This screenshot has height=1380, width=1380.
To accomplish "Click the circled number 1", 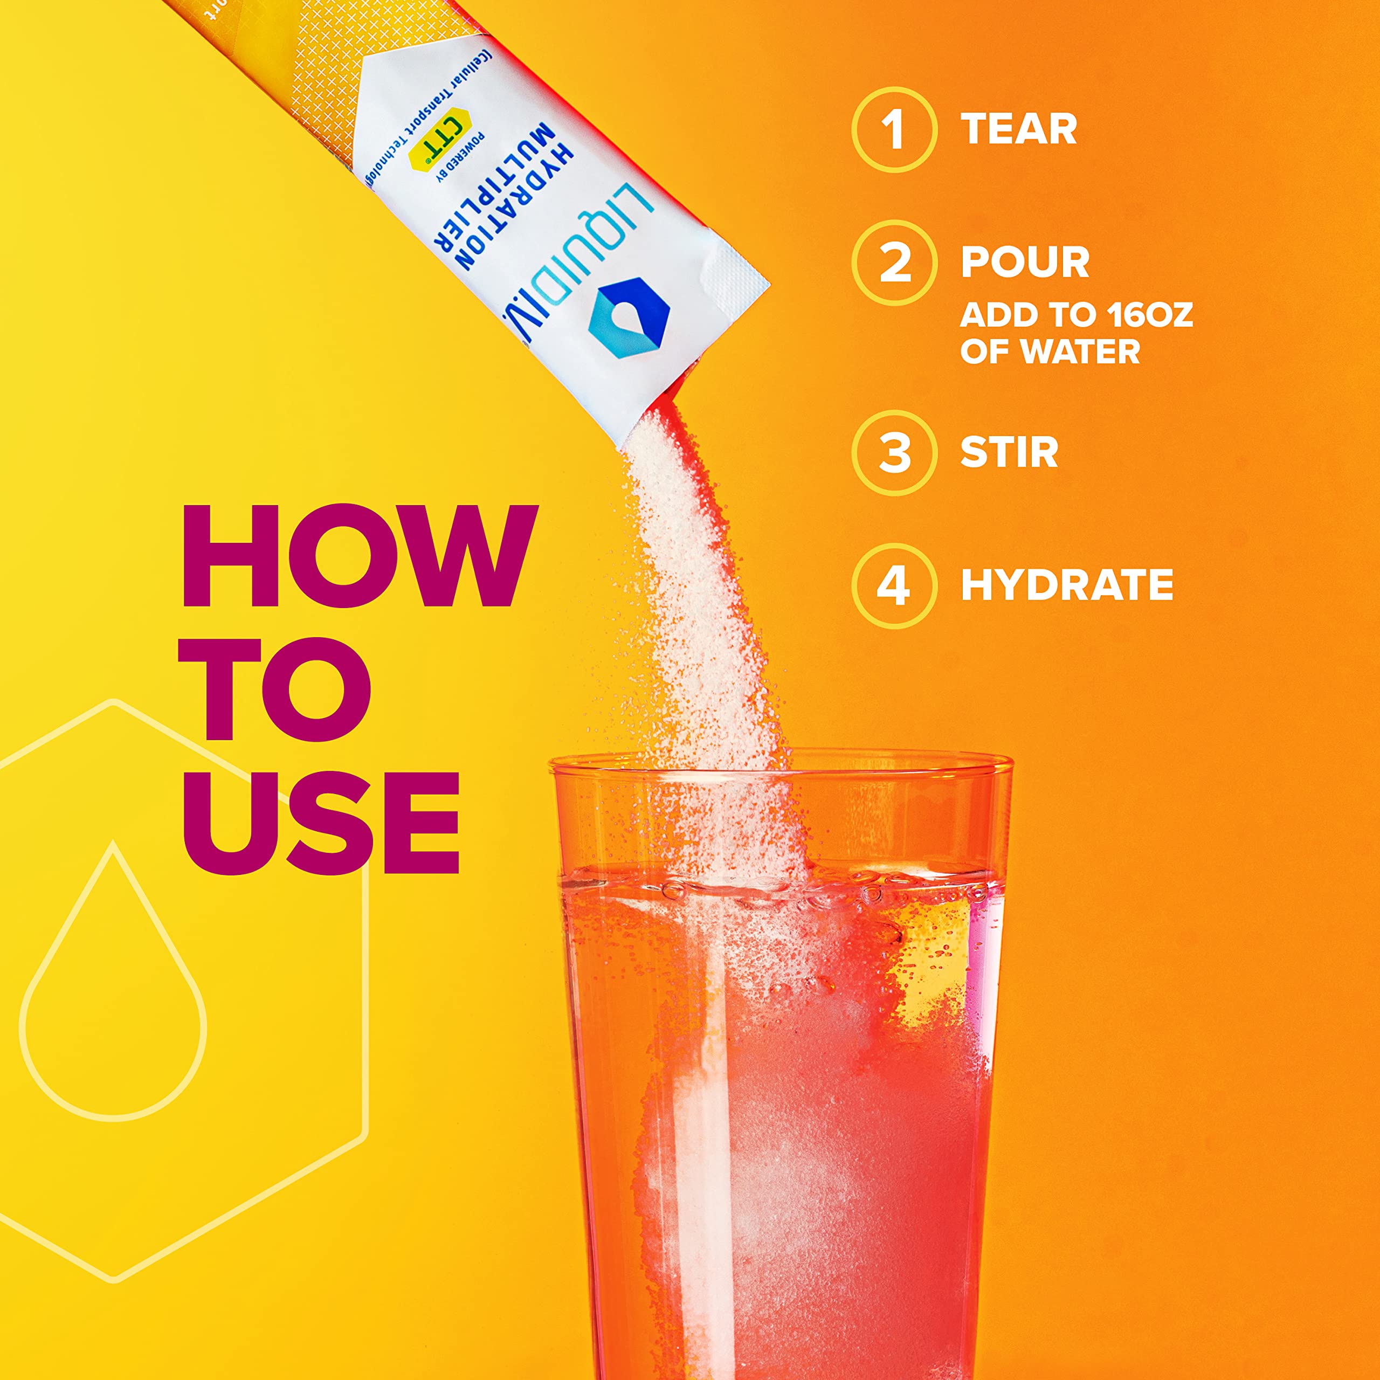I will coord(894,130).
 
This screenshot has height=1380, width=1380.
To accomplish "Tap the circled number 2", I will coord(894,263).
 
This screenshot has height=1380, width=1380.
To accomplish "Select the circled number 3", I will coord(894,453).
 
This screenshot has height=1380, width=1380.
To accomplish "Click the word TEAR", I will coord(1019,129).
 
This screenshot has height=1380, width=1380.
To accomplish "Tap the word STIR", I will coord(1009,453).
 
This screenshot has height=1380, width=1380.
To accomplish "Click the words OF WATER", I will coord(1050,351).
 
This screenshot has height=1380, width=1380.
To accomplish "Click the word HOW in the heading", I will coord(360,556).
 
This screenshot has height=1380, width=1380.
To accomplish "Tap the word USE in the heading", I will coord(321,822).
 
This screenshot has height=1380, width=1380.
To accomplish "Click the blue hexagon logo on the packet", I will coord(629,319).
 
